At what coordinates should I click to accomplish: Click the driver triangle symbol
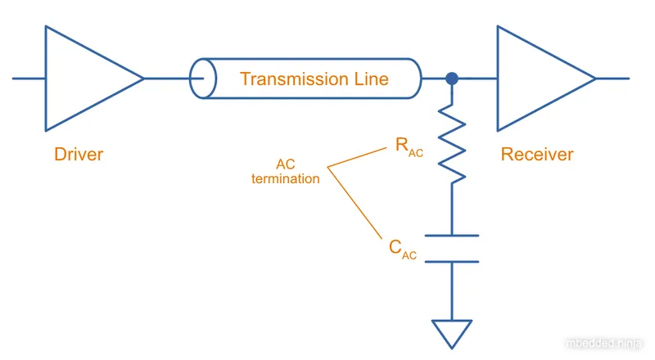(86, 79)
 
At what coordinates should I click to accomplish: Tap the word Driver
(79, 154)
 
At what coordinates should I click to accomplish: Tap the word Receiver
(537, 154)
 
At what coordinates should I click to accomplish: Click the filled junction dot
(451, 79)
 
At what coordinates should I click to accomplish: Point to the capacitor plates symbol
(451, 249)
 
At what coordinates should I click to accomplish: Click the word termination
(285, 178)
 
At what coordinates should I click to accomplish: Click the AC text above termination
(285, 164)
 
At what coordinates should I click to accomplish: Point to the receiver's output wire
(612, 79)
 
